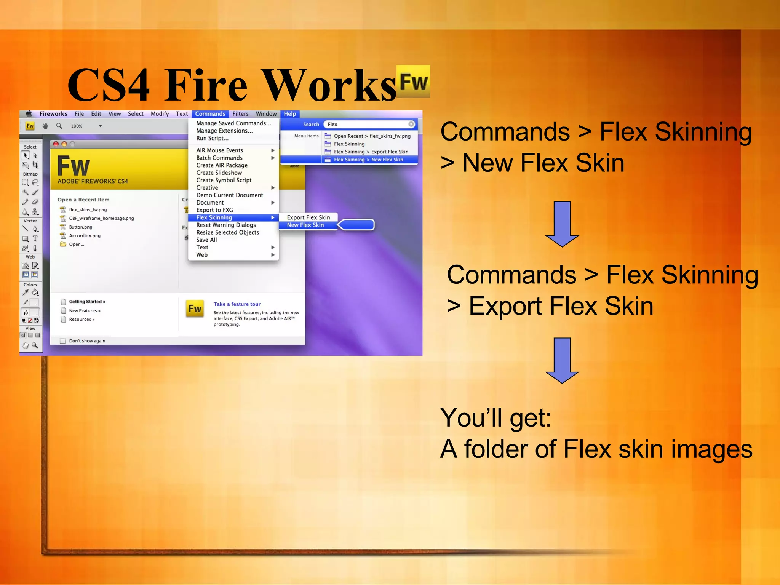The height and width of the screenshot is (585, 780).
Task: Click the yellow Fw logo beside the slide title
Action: [x=413, y=81]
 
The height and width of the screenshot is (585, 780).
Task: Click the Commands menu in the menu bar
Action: [x=210, y=114]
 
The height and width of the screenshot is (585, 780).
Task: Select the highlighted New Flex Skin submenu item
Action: [x=305, y=225]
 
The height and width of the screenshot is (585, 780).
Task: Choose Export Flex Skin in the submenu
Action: [x=308, y=217]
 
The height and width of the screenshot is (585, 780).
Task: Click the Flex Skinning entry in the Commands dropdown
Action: [x=214, y=217]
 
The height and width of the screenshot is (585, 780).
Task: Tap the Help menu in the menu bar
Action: [x=290, y=114]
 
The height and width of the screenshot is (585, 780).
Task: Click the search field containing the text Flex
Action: [x=368, y=124]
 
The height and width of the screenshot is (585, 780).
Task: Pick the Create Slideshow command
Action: [x=219, y=173]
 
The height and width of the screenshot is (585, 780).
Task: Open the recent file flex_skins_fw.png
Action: [x=88, y=209]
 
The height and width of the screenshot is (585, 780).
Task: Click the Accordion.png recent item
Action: [x=85, y=236]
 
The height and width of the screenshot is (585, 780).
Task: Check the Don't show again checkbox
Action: [x=63, y=341]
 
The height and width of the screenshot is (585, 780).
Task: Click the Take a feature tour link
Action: [x=237, y=304]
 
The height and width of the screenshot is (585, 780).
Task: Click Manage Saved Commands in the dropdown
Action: [x=233, y=123]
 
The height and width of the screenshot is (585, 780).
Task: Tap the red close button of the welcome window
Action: [x=56, y=144]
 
